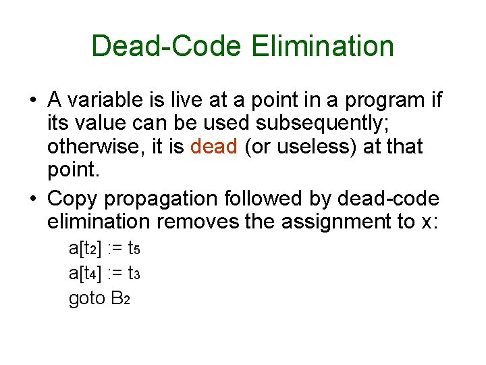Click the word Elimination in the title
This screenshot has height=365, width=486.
pos(323,46)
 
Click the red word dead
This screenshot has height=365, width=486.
pos(214,145)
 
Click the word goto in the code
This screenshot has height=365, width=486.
pos(86,298)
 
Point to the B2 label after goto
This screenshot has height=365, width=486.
pos(119,298)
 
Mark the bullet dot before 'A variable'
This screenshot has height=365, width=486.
pos(32,100)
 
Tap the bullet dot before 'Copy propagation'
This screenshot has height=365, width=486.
pos(32,199)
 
